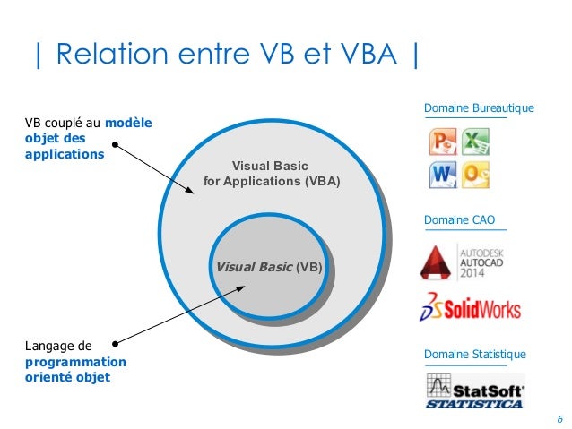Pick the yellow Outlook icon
476,174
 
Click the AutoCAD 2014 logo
469,262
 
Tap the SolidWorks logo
470,307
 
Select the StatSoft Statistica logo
473,391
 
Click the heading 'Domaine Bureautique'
478,108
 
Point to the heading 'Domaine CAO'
459,219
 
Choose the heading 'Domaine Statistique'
474,355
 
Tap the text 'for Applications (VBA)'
273,181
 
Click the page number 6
559,419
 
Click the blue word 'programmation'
75,362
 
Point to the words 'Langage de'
58,346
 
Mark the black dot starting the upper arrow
115,141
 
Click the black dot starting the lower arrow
115,341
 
